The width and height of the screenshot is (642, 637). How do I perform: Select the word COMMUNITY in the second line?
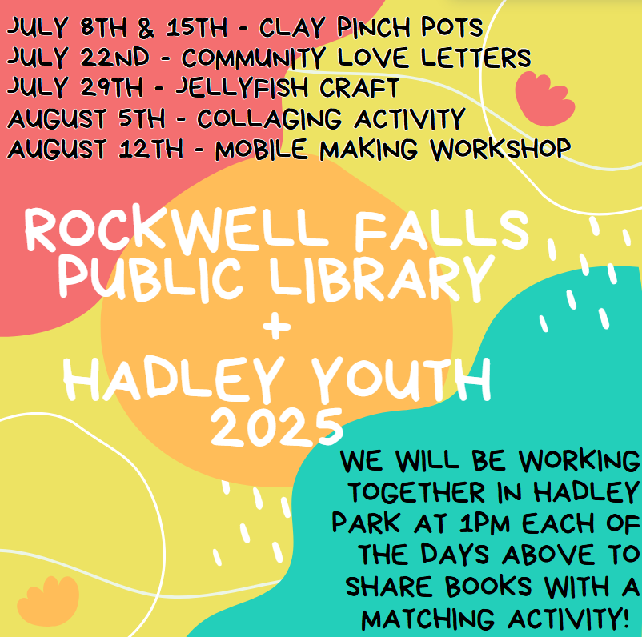pos(254,58)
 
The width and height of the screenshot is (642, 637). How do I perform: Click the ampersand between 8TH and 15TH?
pos(146,28)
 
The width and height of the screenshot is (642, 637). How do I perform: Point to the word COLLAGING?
pos(270,118)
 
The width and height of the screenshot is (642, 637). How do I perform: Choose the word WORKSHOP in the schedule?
pos(500,148)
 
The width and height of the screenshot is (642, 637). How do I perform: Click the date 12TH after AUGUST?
pos(151,148)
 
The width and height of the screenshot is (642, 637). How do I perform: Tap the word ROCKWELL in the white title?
pos(177,230)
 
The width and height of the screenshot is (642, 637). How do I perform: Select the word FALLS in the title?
pos(442,230)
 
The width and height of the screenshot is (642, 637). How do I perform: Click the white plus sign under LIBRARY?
pos(277,327)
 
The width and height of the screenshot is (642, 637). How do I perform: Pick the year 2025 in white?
pos(277,427)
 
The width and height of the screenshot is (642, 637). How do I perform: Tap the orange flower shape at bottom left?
pos(48,600)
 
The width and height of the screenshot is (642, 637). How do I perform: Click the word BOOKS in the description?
pos(488,586)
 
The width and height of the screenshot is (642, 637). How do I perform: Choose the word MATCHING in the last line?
pos(427,618)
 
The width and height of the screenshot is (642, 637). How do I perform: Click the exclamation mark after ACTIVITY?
pos(624,618)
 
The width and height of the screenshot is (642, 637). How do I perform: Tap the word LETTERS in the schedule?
pos(475,58)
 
